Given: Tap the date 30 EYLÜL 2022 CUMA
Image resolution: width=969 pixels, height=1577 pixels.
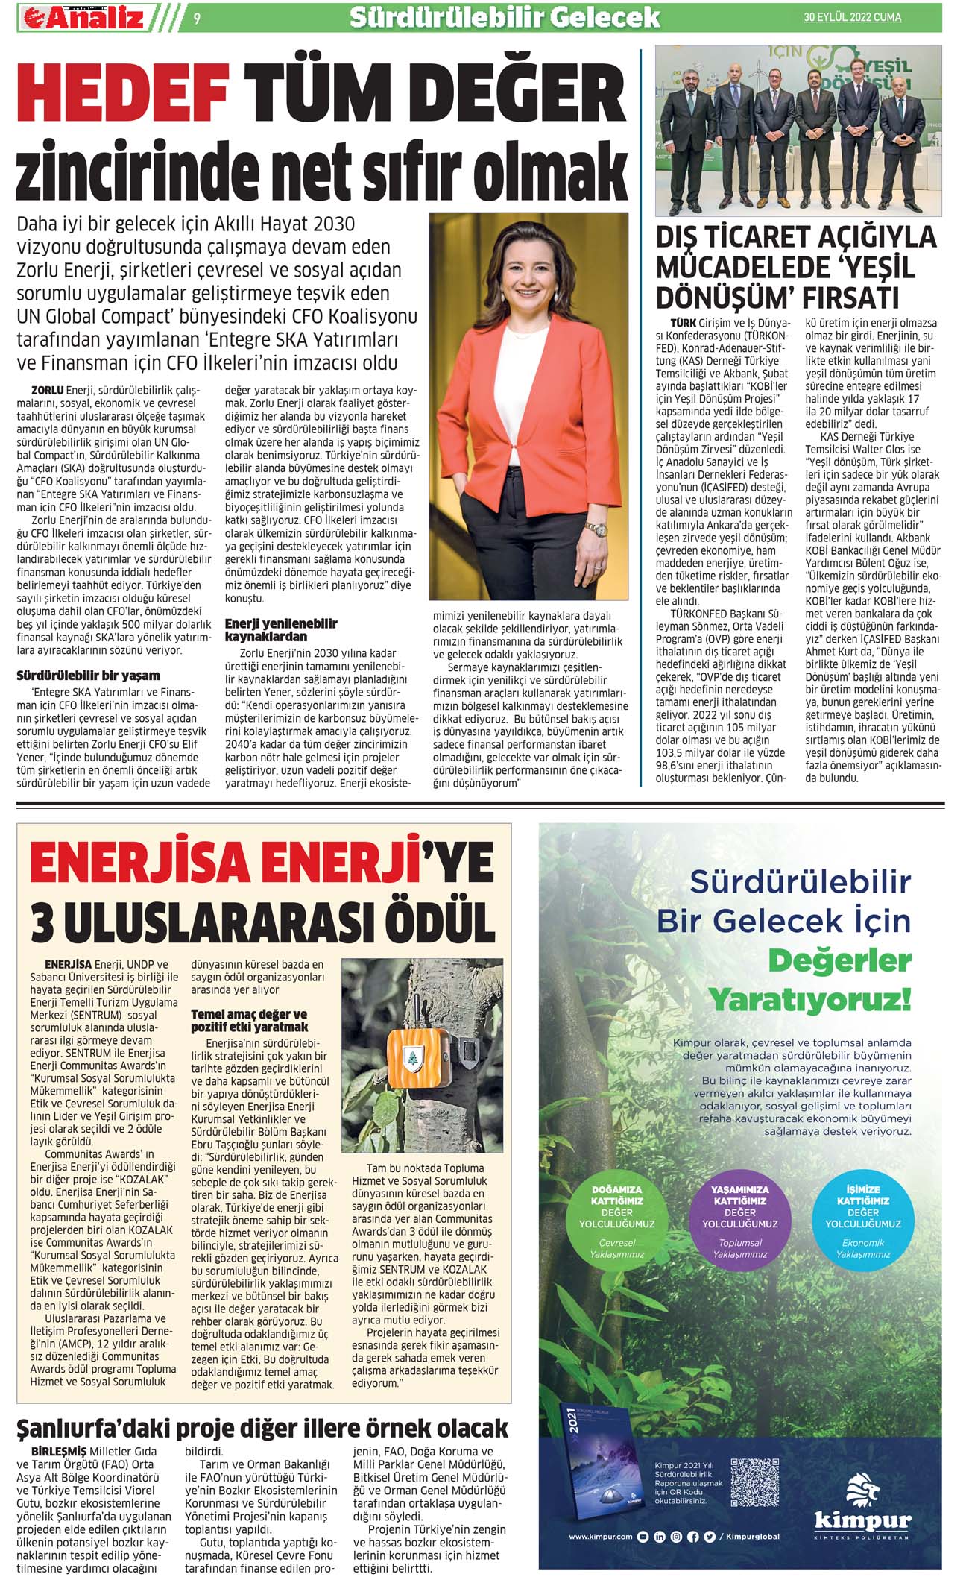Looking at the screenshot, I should tap(852, 17).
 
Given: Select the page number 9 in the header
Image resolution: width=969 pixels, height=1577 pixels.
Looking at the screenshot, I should tap(196, 19).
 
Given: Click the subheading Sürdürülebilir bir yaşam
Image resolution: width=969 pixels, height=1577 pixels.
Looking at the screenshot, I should tap(88, 676).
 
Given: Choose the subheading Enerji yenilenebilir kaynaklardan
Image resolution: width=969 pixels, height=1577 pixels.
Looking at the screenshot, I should tap(281, 630).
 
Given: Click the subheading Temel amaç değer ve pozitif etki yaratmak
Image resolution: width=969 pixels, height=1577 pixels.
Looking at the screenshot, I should tap(249, 1020).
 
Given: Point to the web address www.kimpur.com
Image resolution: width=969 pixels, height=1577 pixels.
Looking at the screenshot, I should tap(601, 1536).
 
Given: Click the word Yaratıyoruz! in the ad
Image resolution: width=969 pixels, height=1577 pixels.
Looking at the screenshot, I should tap(809, 999).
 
